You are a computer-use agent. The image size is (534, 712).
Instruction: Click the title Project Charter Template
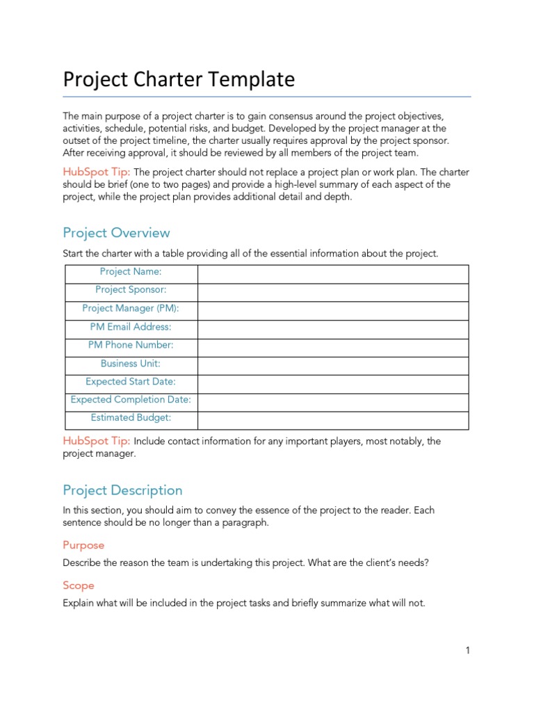coord(179,80)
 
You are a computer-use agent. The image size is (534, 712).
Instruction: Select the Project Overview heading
coord(116,233)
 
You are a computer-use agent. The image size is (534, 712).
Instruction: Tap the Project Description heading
coord(122,490)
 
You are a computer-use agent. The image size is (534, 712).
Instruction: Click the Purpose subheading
coord(83,546)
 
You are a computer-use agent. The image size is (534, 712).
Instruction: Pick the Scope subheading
coord(79,585)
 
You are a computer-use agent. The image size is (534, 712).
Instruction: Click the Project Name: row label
coord(131,272)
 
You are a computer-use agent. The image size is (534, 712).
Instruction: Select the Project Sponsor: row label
coord(131,290)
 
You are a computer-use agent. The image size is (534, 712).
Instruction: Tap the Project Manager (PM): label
coord(131,308)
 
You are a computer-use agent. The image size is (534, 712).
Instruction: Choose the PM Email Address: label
coord(131,327)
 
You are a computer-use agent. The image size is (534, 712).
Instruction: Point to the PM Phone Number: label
coord(131,345)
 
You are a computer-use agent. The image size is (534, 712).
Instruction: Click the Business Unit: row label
coord(131,363)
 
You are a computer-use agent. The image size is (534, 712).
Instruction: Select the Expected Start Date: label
coord(131,382)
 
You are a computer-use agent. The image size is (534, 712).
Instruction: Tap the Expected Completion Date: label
coord(131,400)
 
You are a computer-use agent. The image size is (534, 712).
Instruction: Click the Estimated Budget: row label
coord(131,418)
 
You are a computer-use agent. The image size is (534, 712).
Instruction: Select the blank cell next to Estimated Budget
coord(333,419)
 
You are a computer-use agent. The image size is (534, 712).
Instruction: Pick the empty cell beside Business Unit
coord(333,364)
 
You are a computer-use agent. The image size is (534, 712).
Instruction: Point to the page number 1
coord(468,651)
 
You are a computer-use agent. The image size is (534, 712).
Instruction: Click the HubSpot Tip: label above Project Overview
coord(97,172)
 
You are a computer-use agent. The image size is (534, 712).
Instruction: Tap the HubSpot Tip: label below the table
coord(97,441)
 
